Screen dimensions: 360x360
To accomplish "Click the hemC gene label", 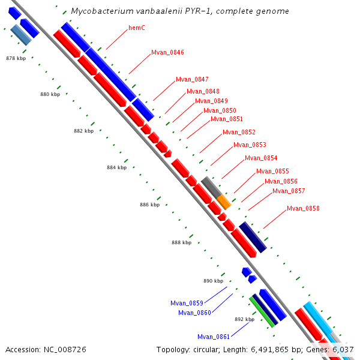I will coord(137,28).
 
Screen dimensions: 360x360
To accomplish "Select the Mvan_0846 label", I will coord(167,52).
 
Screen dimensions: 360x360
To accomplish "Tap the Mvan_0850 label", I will coord(220,110).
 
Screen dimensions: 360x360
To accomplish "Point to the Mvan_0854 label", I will coord(261,158).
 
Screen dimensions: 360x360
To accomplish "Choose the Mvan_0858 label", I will coord(303,208).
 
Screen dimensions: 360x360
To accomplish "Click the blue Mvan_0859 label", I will coord(187,303).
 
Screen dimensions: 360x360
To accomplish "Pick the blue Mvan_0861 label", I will coord(214,337).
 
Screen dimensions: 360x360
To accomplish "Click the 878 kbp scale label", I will coord(16,58).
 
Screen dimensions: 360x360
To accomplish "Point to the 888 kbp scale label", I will coord(181,242).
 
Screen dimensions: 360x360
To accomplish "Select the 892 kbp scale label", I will coord(244,319).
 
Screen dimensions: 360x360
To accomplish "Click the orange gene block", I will coord(223,201).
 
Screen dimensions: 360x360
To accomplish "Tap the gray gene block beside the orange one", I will coord(210,187).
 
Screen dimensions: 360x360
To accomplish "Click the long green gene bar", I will coord(262,311).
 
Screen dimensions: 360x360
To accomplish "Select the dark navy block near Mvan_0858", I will coord(253,236).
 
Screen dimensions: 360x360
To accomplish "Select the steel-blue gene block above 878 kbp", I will coord(21,35).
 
